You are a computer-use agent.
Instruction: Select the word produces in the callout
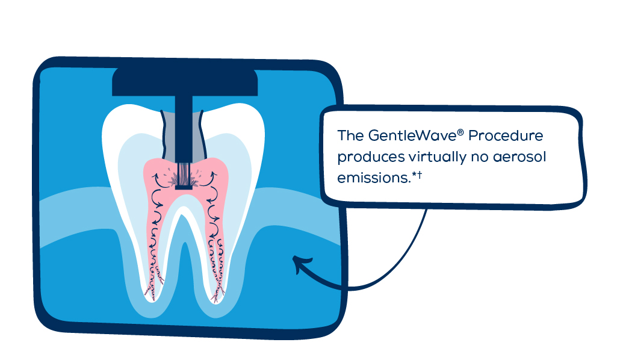coord(367,157)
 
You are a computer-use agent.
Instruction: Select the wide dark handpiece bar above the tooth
coord(185,82)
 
